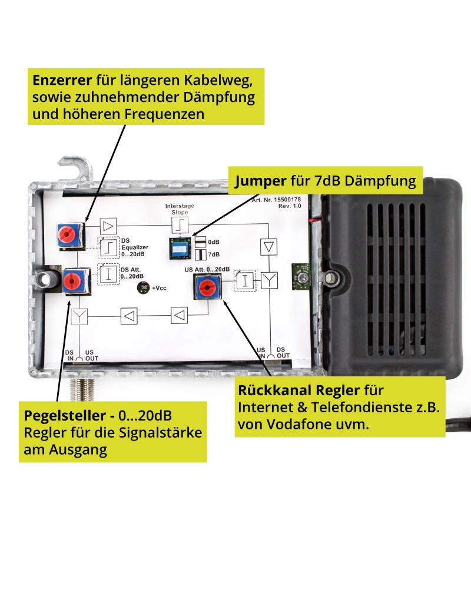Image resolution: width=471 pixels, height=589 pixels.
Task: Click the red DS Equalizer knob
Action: [68, 234]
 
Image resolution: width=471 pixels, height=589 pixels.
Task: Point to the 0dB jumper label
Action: [214, 242]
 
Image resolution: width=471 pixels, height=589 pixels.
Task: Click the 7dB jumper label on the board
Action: [214, 254]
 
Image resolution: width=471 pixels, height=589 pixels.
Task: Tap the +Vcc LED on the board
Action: [144, 288]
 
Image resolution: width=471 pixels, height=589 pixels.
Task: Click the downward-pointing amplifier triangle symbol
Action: [268, 246]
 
